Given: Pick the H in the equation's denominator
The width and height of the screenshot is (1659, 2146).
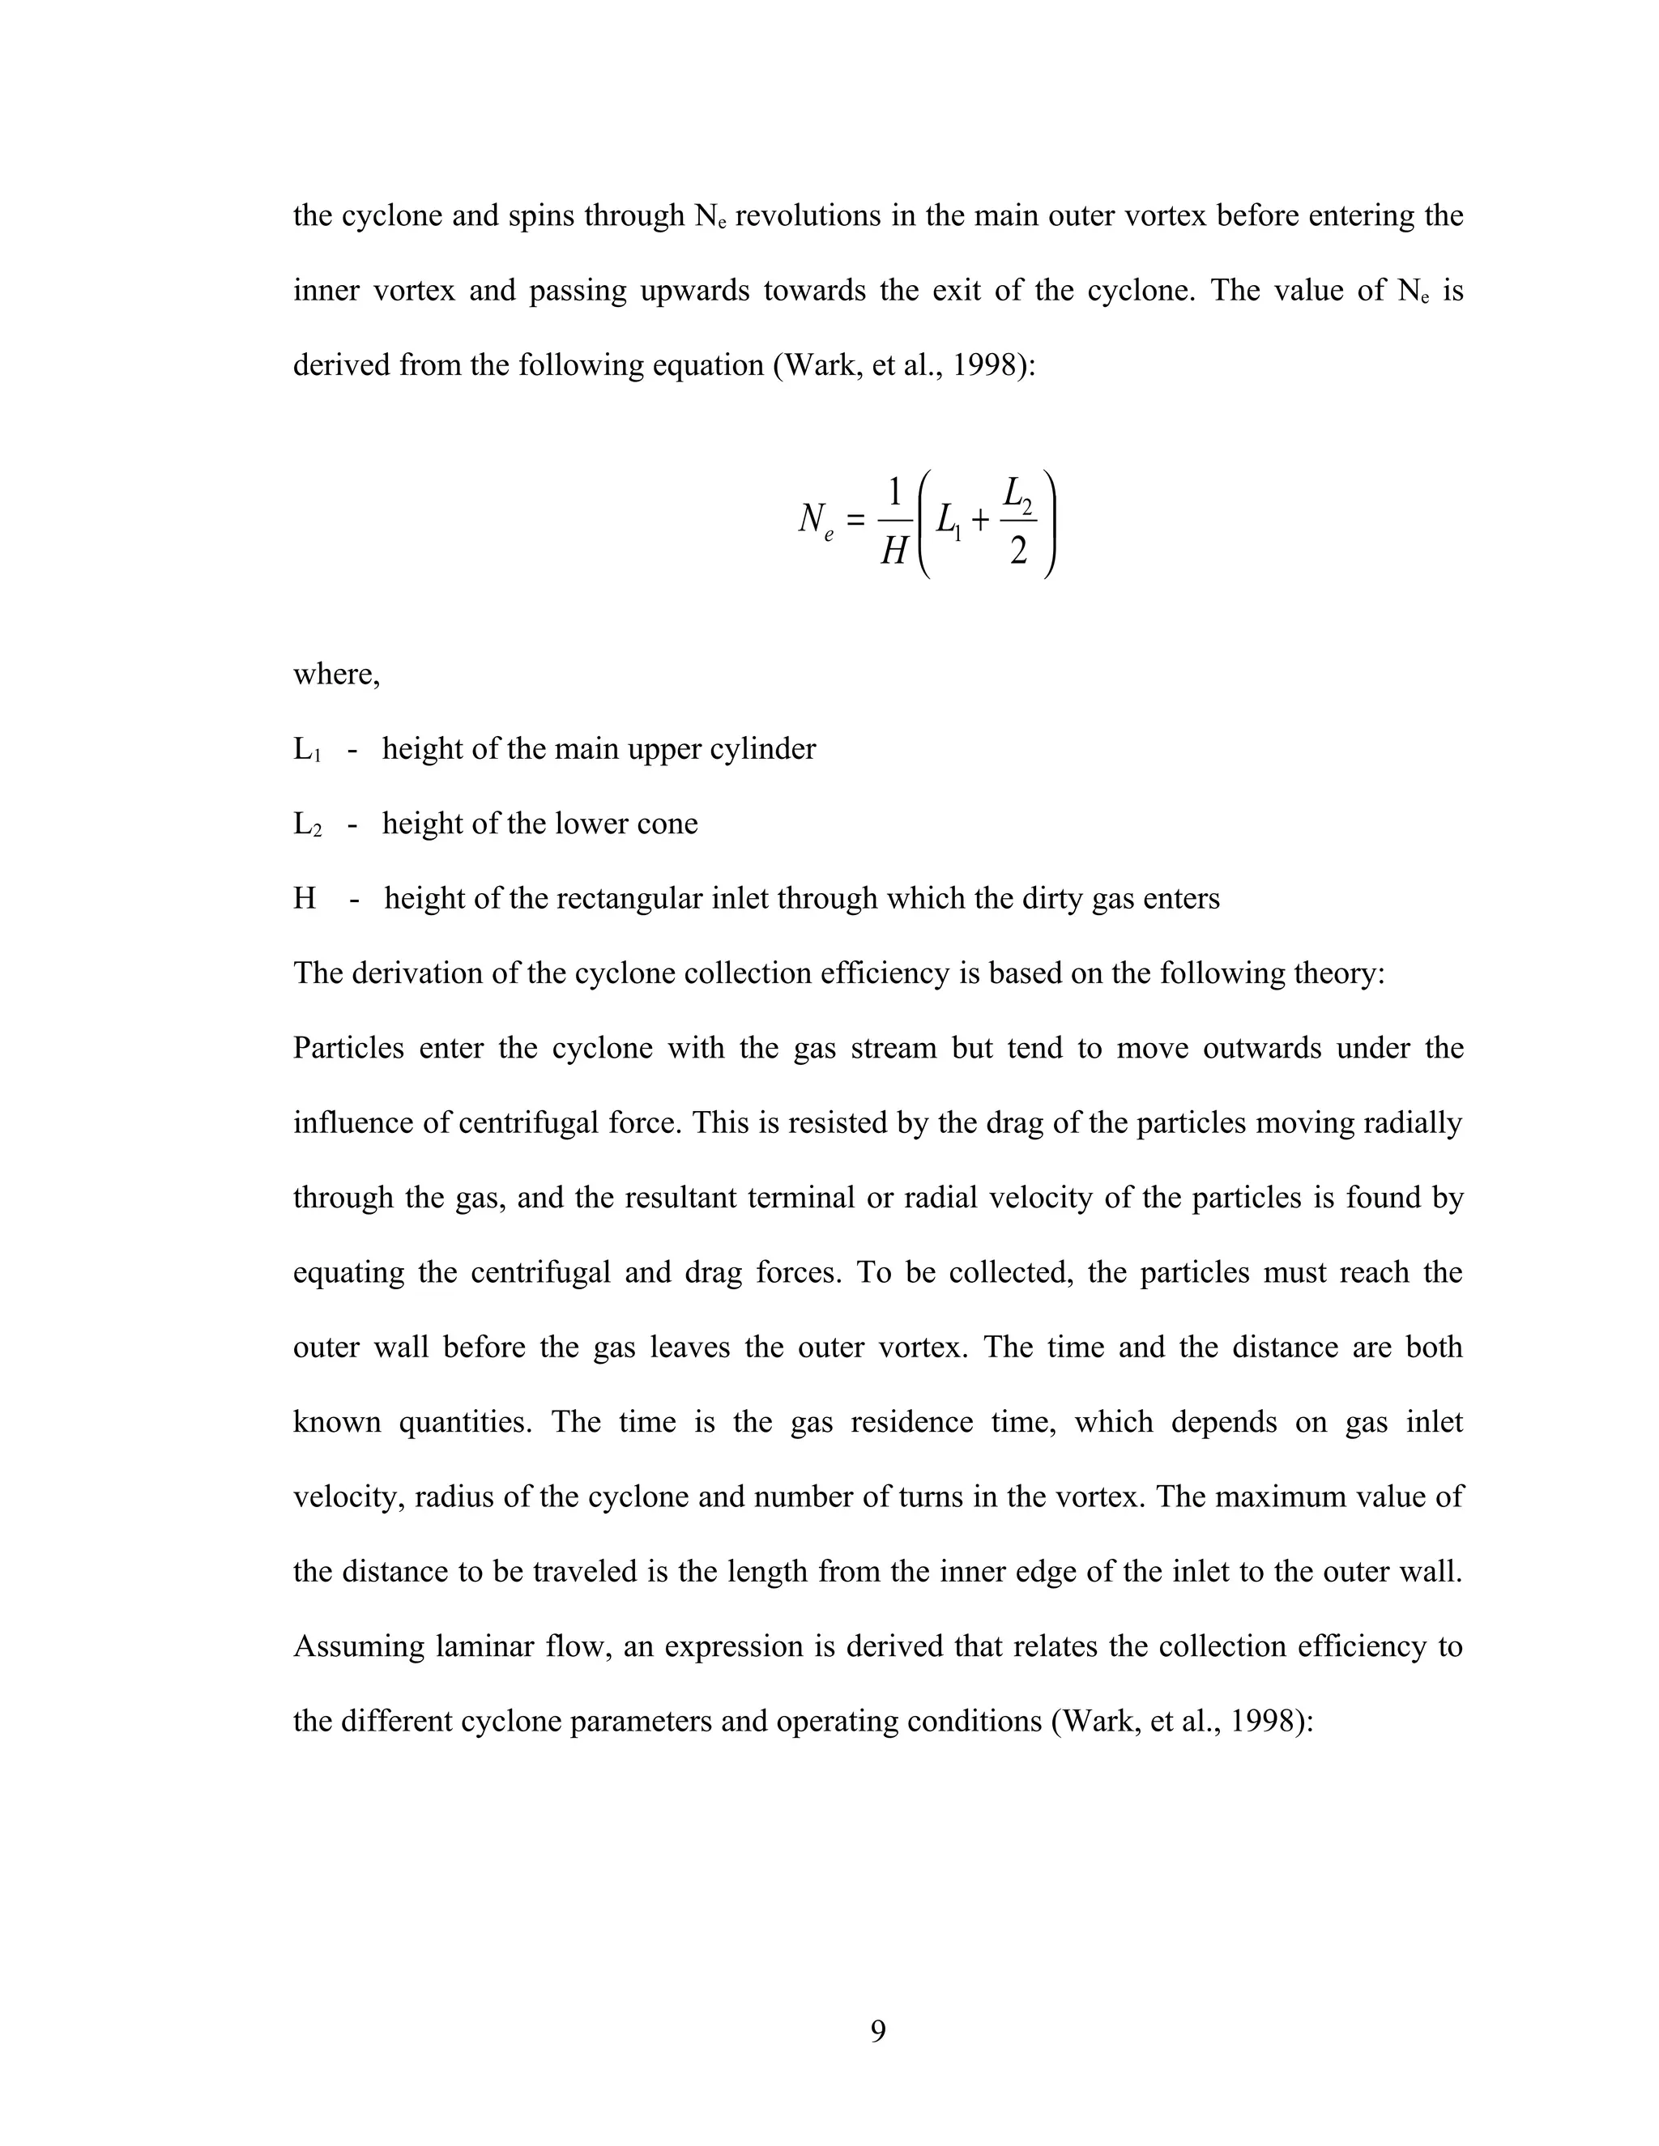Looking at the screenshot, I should click(x=893, y=551).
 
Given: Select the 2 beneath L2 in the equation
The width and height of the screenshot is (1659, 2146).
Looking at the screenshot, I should click(x=1018, y=552).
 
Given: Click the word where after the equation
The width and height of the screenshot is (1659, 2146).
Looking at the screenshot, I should click(x=335, y=675).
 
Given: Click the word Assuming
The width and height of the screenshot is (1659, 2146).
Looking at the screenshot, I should click(x=358, y=1646).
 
